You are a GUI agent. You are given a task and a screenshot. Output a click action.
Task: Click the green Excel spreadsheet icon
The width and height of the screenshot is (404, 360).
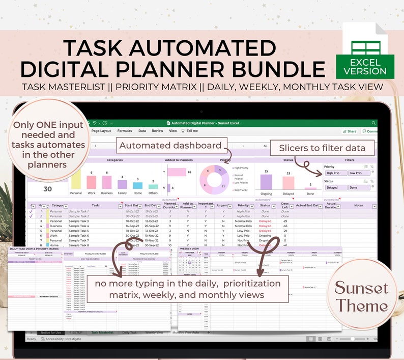click(361, 51)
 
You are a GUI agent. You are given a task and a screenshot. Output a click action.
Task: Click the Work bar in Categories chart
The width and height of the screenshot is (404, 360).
click(92, 183)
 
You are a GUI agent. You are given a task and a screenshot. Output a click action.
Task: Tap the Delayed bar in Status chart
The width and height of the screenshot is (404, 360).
click(287, 183)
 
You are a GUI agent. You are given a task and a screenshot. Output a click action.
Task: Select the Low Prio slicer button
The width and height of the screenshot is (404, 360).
click(358, 173)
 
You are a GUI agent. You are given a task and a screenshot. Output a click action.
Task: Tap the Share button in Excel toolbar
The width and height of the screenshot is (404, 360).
click(350, 131)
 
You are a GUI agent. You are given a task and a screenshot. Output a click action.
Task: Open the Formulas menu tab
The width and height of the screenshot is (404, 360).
click(125, 131)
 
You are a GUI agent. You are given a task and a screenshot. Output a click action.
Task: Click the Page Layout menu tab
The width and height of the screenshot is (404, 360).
click(101, 131)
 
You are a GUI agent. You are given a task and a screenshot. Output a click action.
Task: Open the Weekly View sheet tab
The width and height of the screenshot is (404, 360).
click(154, 333)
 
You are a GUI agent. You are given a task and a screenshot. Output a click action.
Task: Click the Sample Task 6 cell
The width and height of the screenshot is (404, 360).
click(78, 236)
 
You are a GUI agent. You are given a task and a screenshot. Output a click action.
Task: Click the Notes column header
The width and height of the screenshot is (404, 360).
click(359, 206)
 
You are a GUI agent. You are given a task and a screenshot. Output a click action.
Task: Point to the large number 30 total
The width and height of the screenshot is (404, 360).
click(47, 189)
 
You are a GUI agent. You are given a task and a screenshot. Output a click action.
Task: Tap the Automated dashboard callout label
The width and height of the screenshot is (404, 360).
click(170, 146)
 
